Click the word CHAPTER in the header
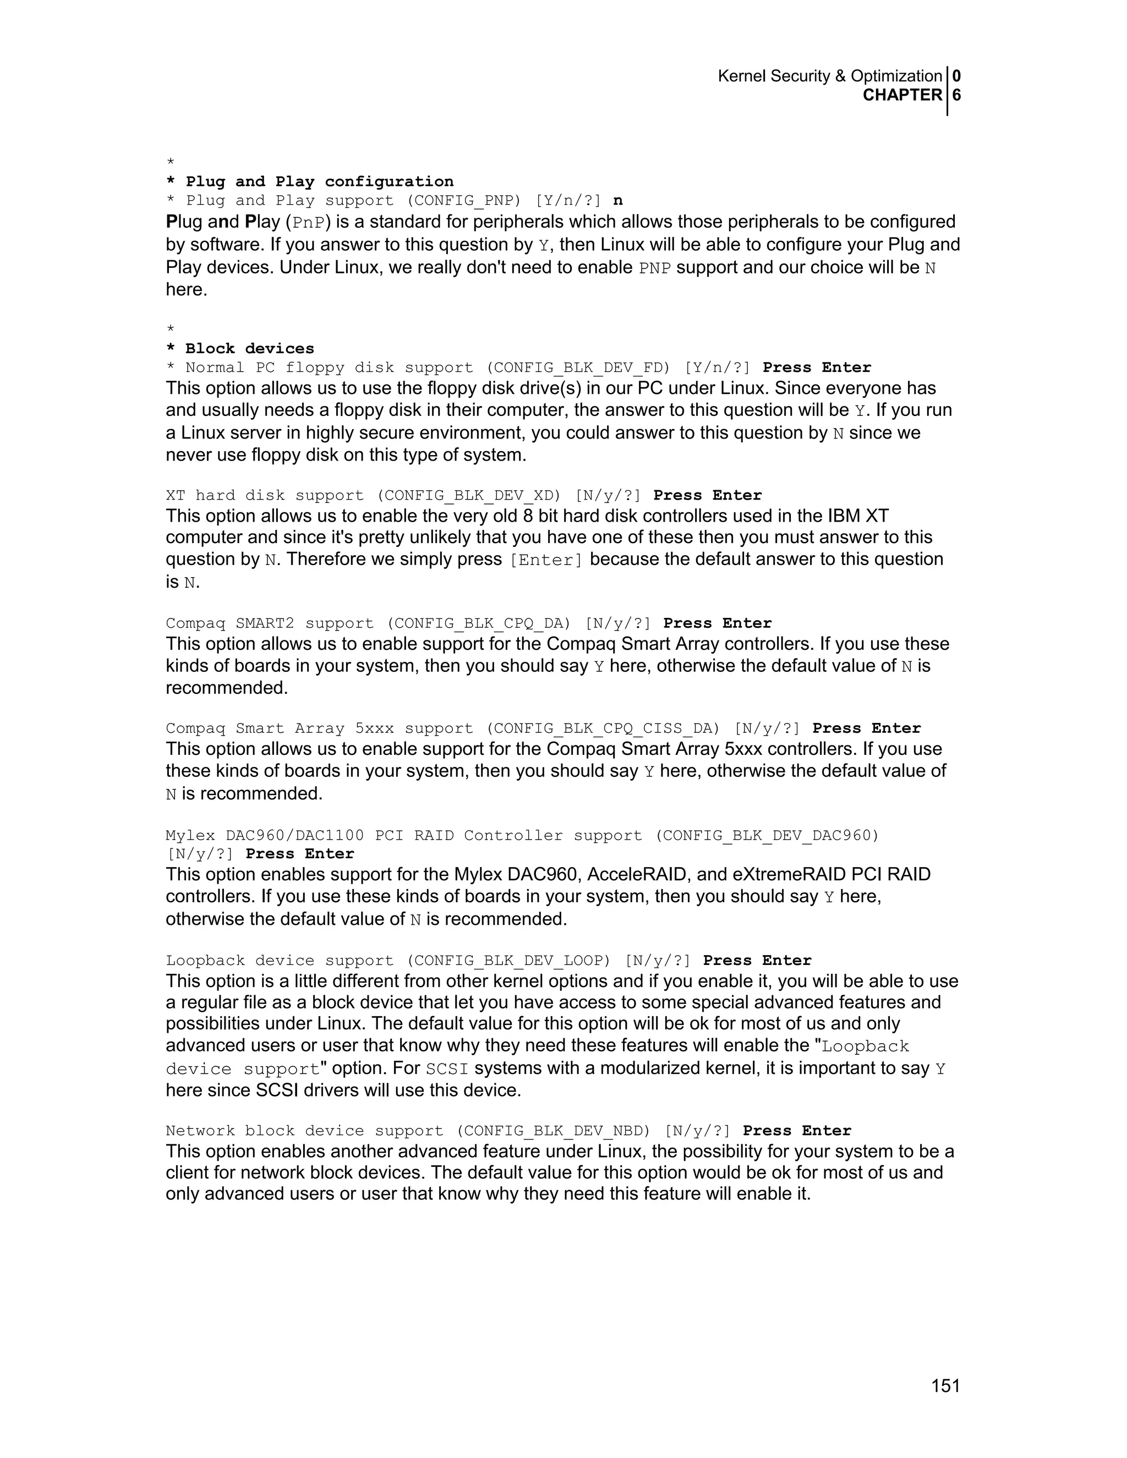[x=902, y=96]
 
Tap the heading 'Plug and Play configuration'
[x=319, y=182]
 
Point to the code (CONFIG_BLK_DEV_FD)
[x=577, y=368]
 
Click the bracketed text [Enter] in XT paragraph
[x=545, y=560]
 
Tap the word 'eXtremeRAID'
[x=779, y=875]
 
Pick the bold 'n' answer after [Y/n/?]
[x=617, y=200]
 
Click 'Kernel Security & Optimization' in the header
[x=829, y=76]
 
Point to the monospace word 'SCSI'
[x=447, y=1069]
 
